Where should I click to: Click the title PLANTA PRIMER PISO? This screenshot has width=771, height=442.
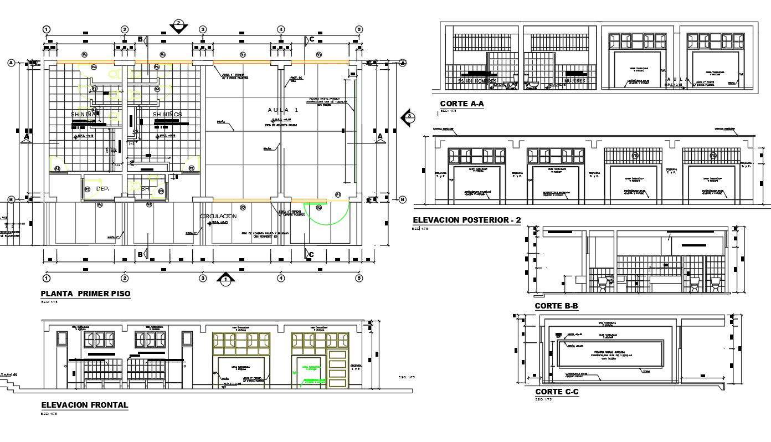(x=85, y=294)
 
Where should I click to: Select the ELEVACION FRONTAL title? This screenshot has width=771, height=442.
(x=84, y=405)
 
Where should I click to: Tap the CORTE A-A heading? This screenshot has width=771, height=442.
(x=462, y=104)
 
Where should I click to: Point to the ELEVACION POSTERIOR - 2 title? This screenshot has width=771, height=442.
(x=467, y=220)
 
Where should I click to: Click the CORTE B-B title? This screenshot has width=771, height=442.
(x=557, y=306)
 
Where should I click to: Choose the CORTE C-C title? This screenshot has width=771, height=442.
(x=557, y=392)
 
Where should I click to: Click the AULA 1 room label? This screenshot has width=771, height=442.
(x=283, y=110)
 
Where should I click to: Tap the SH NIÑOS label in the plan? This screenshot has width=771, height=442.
(x=167, y=114)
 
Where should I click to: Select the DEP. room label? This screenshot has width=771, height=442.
(x=102, y=189)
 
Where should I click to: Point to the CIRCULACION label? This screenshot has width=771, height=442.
(x=218, y=216)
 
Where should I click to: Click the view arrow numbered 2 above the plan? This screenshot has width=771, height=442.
(x=178, y=26)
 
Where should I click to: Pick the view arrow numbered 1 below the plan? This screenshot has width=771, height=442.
(x=225, y=279)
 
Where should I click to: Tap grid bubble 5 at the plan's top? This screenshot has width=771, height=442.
(x=359, y=29)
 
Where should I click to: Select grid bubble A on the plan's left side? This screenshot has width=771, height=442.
(x=11, y=63)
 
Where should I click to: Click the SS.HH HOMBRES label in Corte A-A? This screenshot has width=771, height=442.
(x=477, y=81)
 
